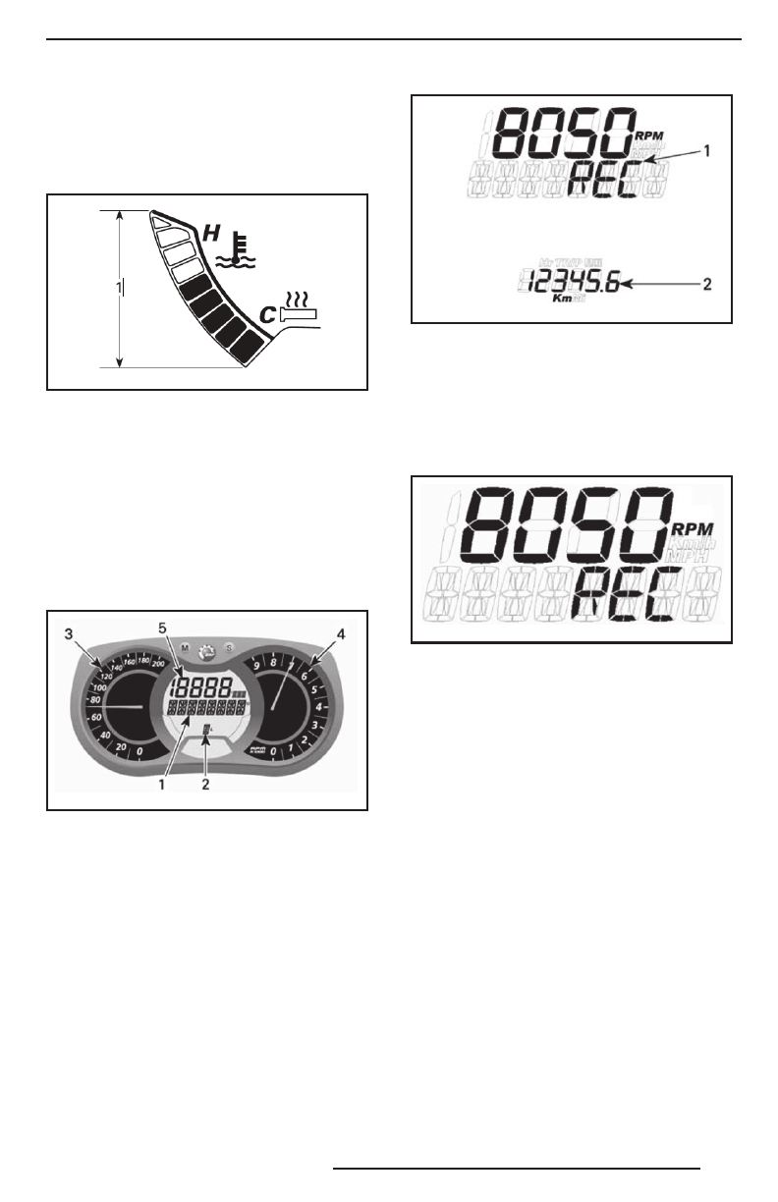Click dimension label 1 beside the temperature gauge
120,287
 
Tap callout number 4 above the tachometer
341,635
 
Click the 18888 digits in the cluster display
202,687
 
